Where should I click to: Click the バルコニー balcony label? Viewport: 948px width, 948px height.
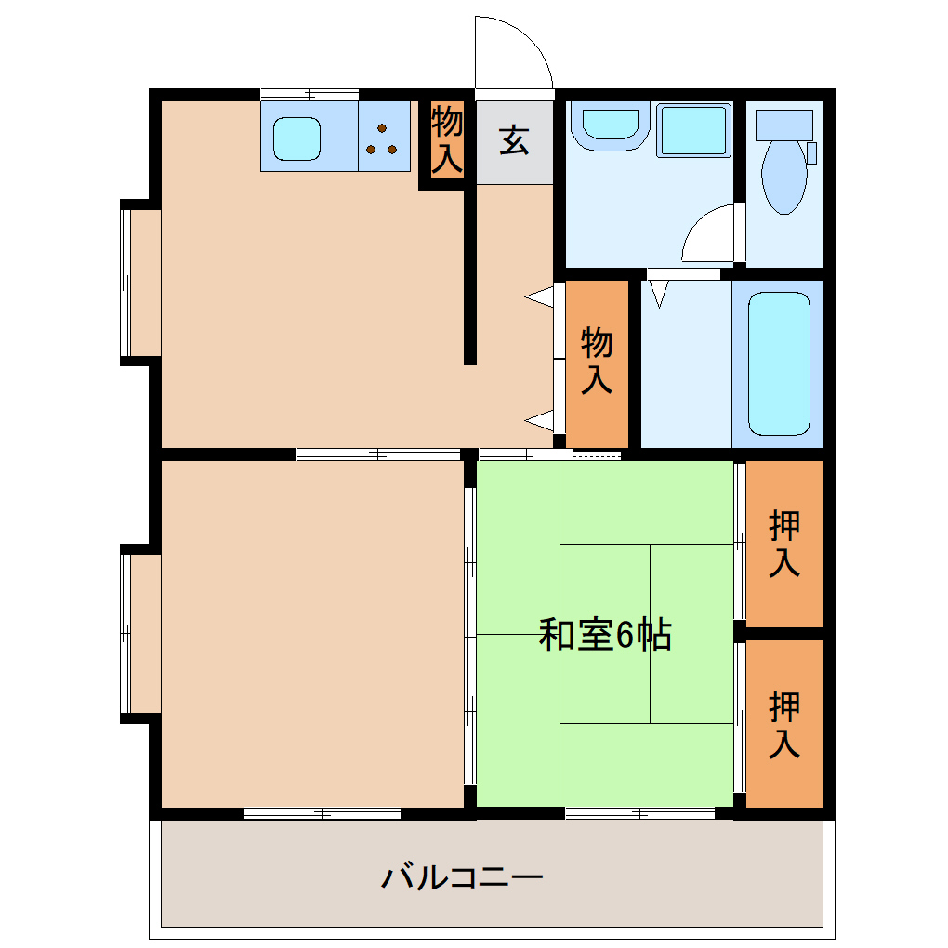click(462, 876)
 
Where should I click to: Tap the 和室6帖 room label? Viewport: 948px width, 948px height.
click(605, 636)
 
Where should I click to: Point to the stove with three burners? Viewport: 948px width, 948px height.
click(383, 138)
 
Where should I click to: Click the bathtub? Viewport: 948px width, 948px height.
click(779, 363)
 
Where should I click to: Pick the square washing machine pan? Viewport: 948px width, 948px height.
click(693, 130)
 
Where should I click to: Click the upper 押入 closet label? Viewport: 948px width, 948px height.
click(784, 545)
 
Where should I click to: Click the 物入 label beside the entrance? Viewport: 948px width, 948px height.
click(447, 139)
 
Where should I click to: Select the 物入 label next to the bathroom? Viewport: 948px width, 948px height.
click(597, 361)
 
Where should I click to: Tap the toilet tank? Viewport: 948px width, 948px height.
click(783, 124)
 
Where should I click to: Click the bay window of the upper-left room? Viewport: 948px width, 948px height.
click(137, 283)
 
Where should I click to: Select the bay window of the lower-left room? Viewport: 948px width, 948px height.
click(137, 633)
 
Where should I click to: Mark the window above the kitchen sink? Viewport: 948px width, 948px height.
click(309, 94)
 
